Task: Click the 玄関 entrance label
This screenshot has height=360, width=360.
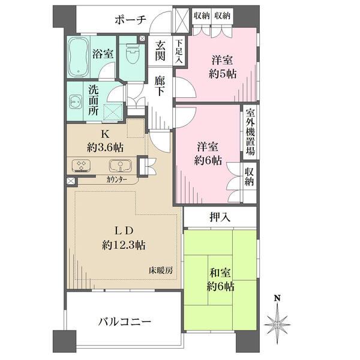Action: (x=160, y=52)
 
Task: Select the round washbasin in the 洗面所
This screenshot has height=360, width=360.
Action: (x=76, y=101)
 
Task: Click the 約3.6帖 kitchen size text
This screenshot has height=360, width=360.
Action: (x=104, y=146)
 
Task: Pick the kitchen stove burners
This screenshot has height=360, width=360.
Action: (x=80, y=165)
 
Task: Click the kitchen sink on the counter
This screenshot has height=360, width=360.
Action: (x=118, y=166)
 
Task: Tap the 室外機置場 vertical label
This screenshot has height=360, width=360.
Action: (x=250, y=132)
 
